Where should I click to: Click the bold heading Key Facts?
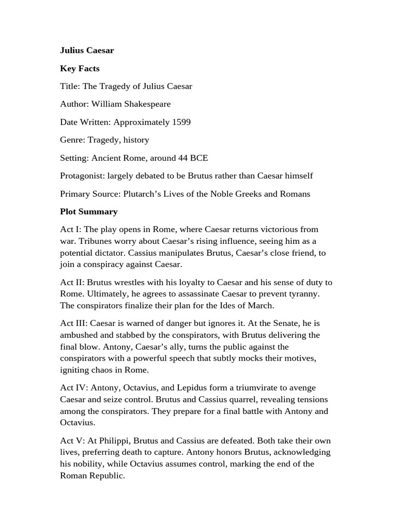(x=80, y=68)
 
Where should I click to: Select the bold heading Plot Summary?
(x=88, y=211)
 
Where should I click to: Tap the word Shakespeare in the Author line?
(x=146, y=104)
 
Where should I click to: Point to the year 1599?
(x=181, y=122)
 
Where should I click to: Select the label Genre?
(x=73, y=139)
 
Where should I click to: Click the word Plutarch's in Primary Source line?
(x=140, y=194)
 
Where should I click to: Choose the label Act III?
(x=74, y=323)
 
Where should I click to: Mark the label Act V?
(x=72, y=441)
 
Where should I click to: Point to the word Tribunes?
(x=94, y=241)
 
